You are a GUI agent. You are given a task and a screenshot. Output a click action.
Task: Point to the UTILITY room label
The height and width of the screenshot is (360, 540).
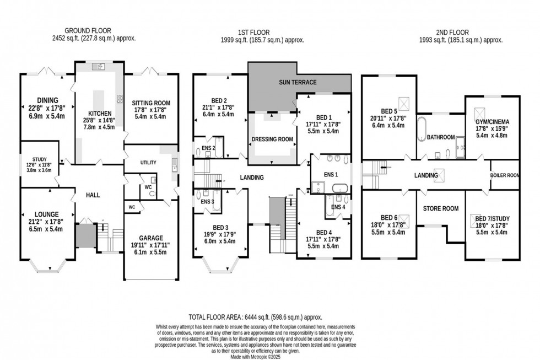[148, 163]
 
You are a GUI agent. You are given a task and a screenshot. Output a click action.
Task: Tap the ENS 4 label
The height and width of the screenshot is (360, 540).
[338, 207]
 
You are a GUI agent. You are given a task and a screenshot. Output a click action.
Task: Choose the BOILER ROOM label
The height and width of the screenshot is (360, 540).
[505, 175]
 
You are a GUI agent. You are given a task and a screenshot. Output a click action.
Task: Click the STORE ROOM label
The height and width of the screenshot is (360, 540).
[441, 208]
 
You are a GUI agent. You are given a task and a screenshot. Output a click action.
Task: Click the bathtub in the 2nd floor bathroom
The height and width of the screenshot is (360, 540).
[422, 130]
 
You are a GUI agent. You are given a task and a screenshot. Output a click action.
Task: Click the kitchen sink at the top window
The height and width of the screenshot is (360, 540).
[100, 67]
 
